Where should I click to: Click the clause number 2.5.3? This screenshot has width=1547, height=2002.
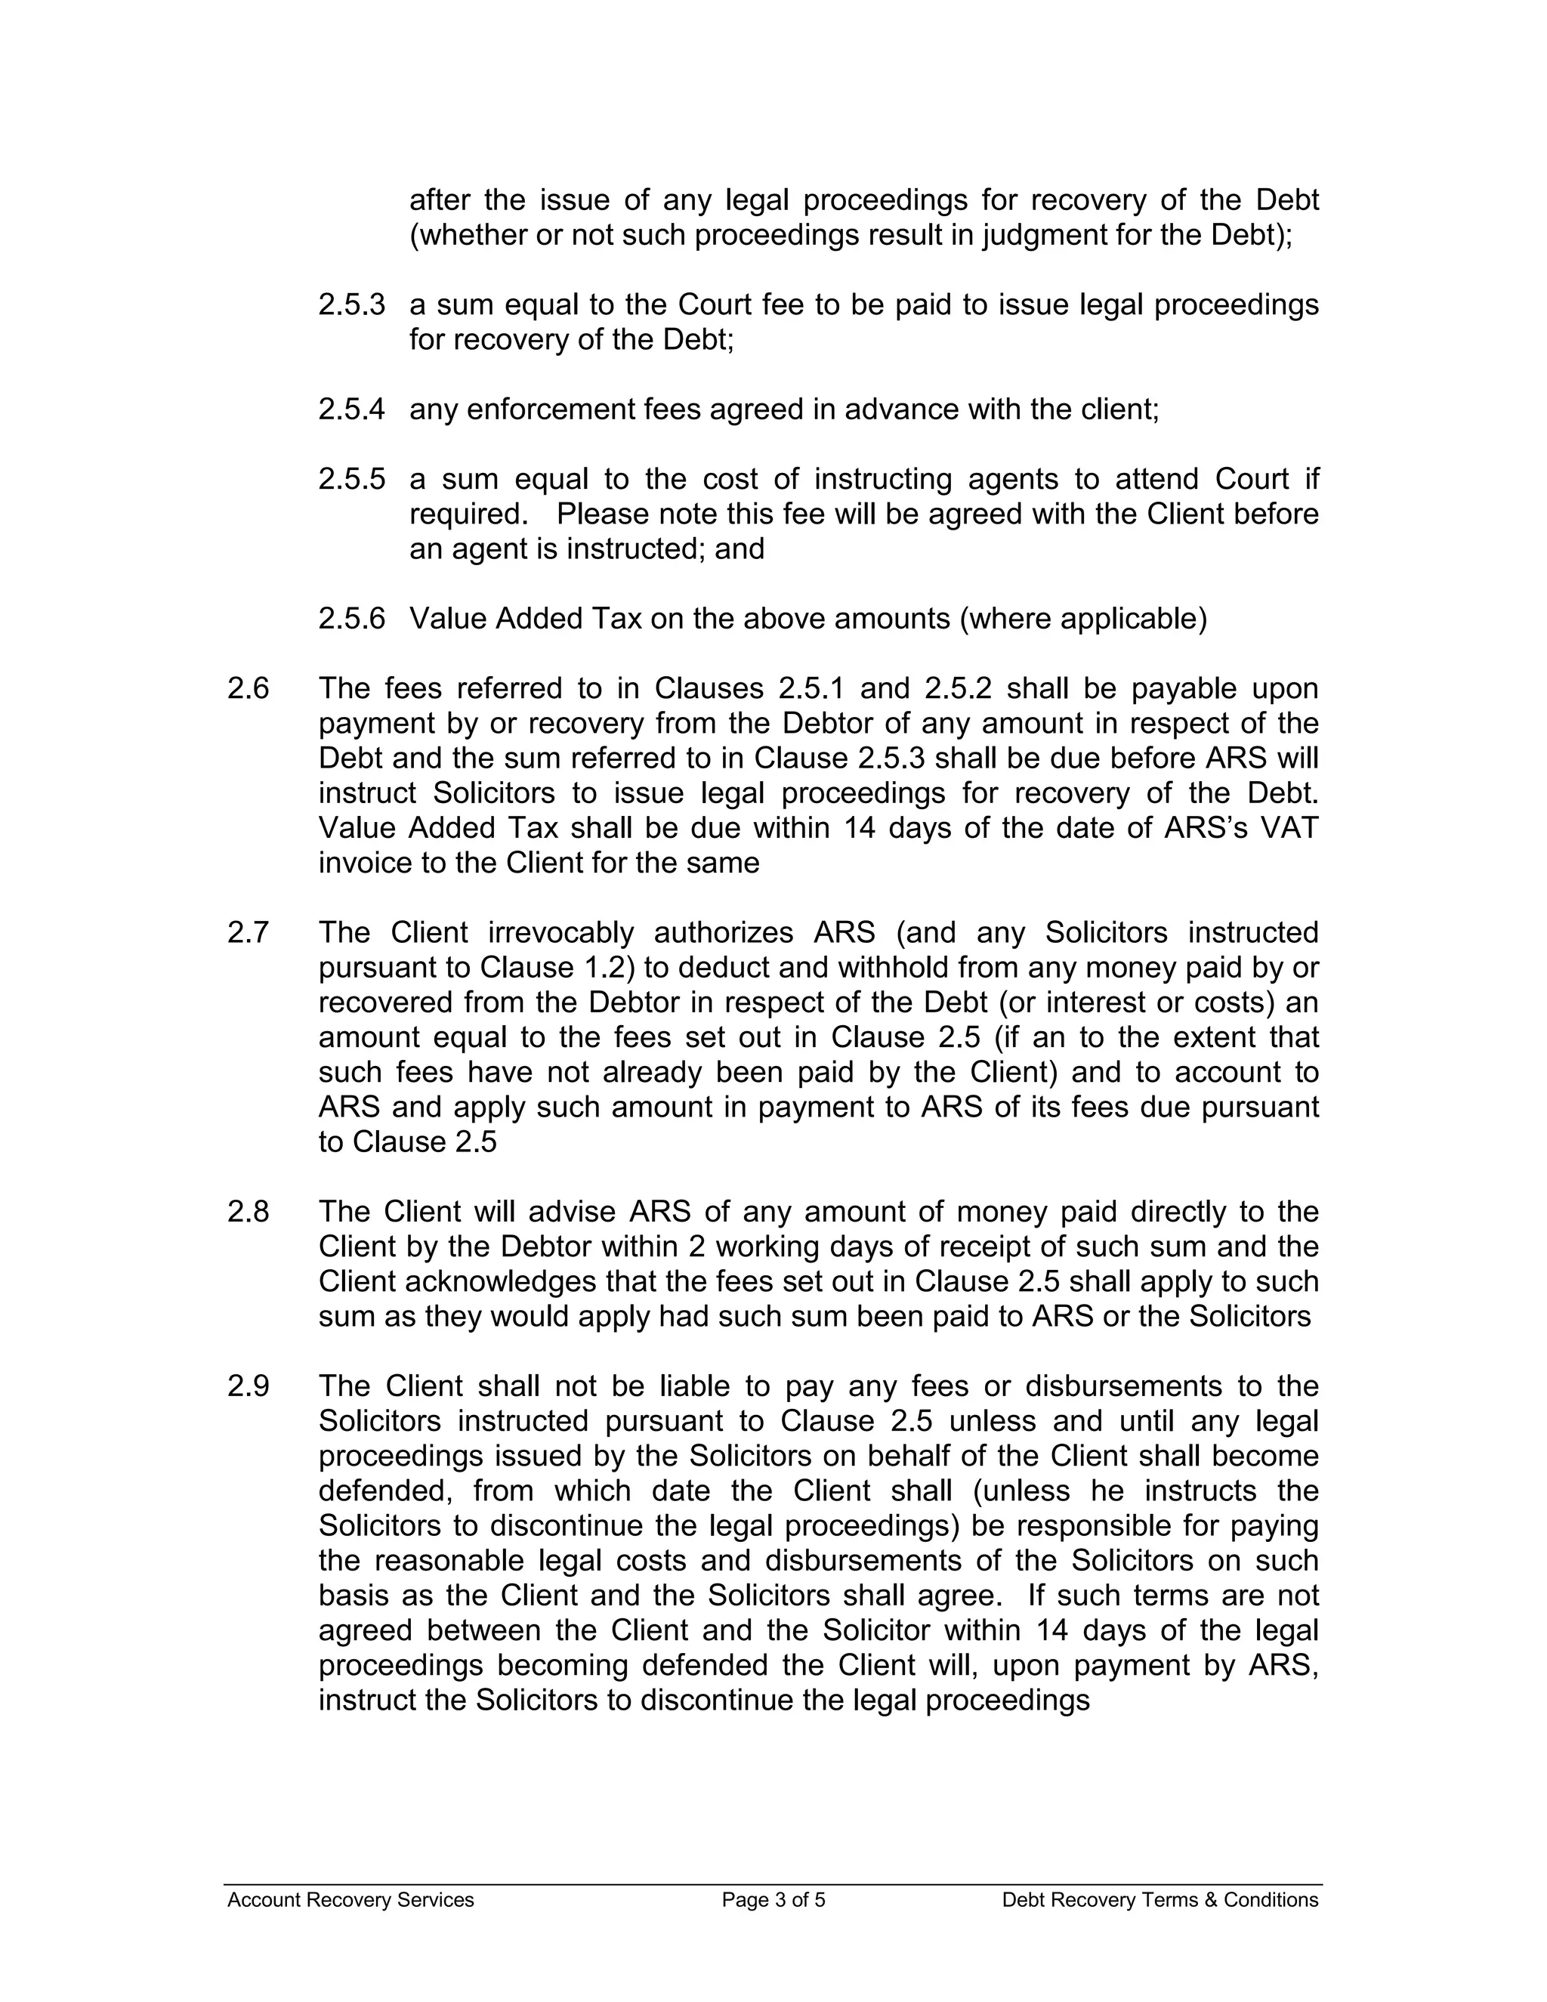click(351, 304)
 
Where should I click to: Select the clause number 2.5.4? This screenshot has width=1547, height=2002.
click(351, 409)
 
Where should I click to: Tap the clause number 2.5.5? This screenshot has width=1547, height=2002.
click(351, 478)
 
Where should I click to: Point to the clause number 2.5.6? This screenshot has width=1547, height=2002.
click(351, 619)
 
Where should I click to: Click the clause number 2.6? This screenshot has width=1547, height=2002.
click(249, 688)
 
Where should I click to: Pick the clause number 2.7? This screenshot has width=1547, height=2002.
click(249, 932)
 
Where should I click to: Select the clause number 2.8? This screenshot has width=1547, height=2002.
click(249, 1212)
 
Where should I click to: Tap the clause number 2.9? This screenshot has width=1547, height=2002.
click(249, 1386)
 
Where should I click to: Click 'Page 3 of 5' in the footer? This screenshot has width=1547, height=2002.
click(773, 1900)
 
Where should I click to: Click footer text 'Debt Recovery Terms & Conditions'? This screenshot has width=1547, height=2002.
click(1159, 1900)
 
